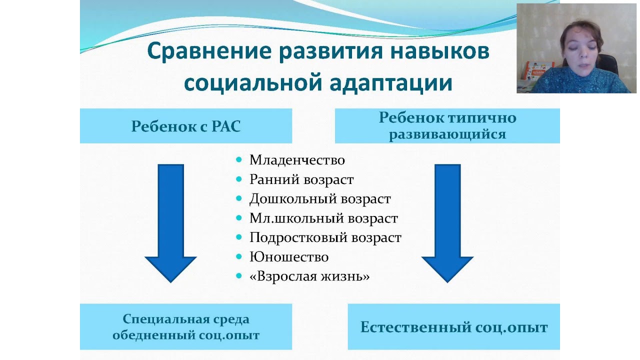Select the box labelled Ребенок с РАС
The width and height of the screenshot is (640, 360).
[x=186, y=126]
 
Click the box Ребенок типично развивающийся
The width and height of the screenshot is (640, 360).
[x=447, y=126]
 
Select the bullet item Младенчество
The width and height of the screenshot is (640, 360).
[x=297, y=160]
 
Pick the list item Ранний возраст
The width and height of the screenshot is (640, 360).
[x=301, y=179]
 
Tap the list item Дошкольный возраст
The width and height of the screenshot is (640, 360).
[x=320, y=199]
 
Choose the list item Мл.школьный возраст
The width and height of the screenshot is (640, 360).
[x=323, y=218]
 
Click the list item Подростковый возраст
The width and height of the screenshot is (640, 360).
[x=325, y=237]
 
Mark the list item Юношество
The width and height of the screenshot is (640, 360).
[x=289, y=257]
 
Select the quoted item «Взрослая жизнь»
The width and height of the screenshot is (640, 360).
[x=309, y=276]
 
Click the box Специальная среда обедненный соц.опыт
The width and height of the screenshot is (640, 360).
[x=186, y=327]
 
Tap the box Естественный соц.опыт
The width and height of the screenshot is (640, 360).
[x=454, y=327]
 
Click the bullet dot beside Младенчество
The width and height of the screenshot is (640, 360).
[x=239, y=160]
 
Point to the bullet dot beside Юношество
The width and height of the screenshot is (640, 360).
[x=239, y=256]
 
